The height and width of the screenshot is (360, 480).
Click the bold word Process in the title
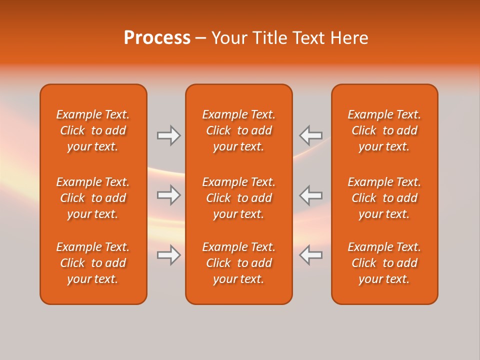pyautogui.click(x=157, y=38)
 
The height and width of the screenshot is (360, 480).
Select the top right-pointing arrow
pyautogui.click(x=168, y=135)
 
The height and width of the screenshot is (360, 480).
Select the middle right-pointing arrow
pyautogui.click(x=168, y=195)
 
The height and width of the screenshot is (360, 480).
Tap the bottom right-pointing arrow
pyautogui.click(x=168, y=255)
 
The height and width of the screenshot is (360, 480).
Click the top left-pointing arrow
pyautogui.click(x=310, y=135)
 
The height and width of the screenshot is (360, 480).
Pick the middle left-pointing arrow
pyautogui.click(x=310, y=195)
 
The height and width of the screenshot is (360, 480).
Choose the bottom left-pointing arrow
pyautogui.click(x=310, y=255)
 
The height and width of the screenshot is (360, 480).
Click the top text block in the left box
pyautogui.click(x=93, y=130)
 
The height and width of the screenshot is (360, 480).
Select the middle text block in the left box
pyautogui.click(x=93, y=198)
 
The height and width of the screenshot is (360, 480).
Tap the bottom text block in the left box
pyautogui.click(x=93, y=263)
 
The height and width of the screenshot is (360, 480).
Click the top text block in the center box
pyautogui.click(x=238, y=130)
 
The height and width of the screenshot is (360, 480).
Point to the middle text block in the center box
pyautogui.click(x=238, y=198)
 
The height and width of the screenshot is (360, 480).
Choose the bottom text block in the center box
pyautogui.click(x=238, y=263)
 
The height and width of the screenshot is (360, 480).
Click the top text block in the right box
pyautogui.click(x=384, y=130)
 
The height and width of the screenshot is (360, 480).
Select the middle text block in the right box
pyautogui.click(x=384, y=198)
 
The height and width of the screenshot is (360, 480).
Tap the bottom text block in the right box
pyautogui.click(x=384, y=263)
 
